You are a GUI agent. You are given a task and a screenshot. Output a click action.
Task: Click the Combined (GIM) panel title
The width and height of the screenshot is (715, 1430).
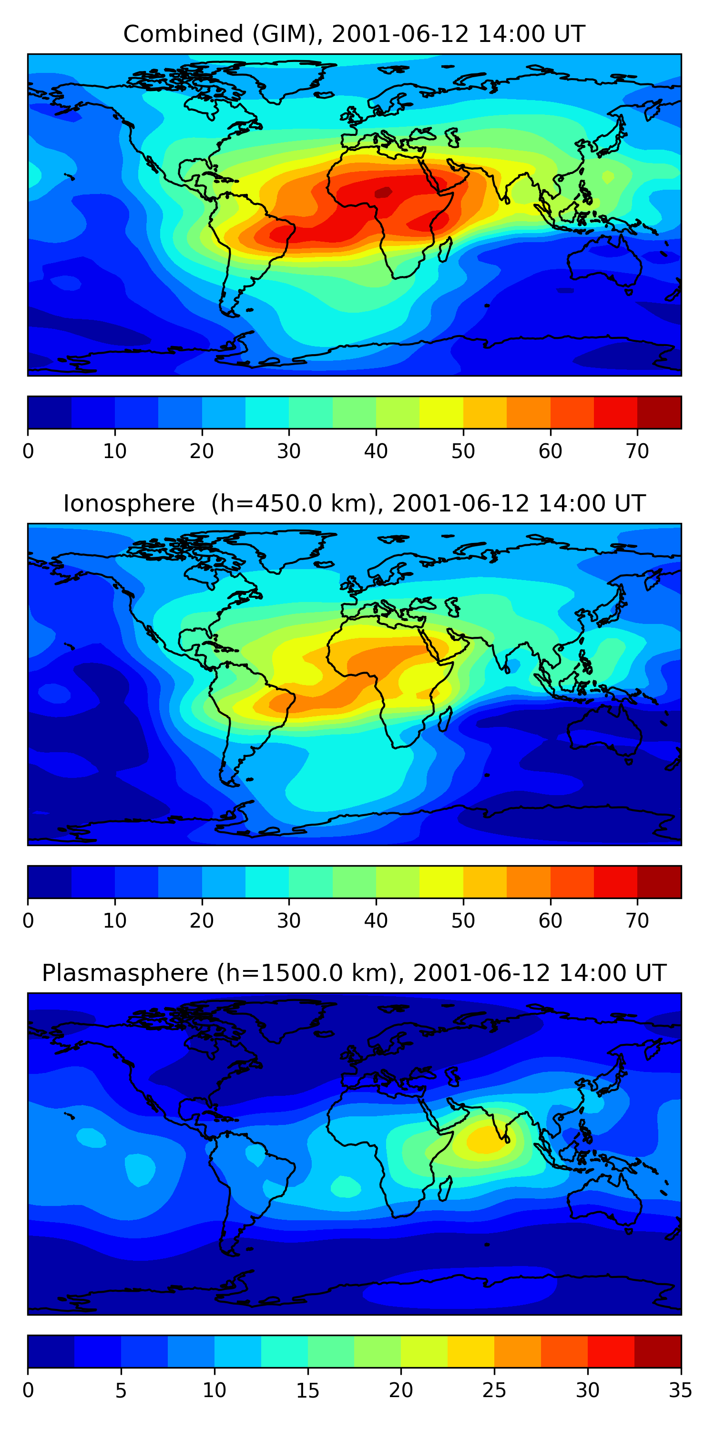[x=354, y=34]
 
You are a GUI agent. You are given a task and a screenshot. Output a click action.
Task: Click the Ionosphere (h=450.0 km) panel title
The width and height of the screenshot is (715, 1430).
[x=354, y=503]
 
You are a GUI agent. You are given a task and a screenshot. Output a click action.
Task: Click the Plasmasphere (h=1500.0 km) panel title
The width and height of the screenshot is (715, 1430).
[x=354, y=973]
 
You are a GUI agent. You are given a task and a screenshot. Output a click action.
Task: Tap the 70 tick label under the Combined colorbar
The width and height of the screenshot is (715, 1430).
[x=637, y=451]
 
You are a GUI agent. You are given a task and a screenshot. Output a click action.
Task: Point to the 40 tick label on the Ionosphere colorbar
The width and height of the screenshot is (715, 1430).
[x=376, y=921]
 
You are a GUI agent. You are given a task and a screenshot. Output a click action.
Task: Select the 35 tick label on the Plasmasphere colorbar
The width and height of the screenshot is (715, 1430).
[x=680, y=1390]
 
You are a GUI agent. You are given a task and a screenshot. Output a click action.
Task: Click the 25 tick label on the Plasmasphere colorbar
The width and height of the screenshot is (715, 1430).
[x=494, y=1390]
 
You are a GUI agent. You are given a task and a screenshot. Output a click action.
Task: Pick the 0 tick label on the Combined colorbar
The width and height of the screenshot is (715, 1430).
[x=28, y=451]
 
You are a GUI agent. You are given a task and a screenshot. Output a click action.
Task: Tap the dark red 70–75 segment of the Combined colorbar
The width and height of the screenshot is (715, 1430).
[x=659, y=412]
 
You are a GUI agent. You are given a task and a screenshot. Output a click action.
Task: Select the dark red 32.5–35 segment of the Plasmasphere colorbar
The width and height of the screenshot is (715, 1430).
[x=657, y=1352]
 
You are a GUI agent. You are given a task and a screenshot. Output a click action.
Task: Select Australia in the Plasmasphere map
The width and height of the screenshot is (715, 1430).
[x=605, y=1202]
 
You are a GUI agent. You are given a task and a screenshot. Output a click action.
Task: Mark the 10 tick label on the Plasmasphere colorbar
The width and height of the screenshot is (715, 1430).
[x=214, y=1390]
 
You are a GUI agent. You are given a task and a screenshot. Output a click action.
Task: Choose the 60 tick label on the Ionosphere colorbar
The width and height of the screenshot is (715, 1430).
[x=550, y=921]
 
